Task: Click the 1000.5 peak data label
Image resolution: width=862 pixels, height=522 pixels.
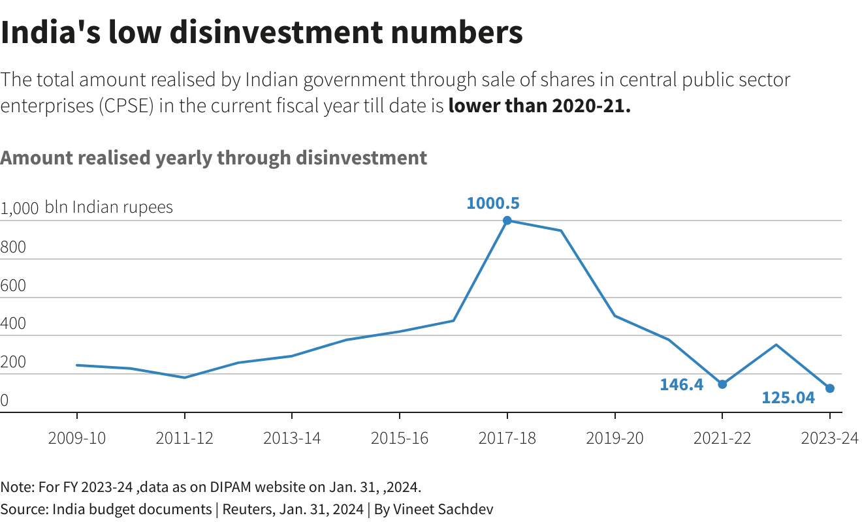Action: pos(493,203)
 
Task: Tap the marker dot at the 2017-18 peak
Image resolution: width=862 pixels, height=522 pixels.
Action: pos(507,221)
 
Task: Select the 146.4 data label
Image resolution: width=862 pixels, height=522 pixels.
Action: pos(681,384)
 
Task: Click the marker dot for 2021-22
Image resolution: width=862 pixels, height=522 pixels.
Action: pos(722,384)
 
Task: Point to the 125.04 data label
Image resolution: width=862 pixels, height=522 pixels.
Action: pos(788,397)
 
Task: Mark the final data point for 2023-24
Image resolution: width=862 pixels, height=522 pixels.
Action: pos(830,388)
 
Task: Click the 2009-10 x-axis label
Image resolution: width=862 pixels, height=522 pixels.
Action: pos(77,438)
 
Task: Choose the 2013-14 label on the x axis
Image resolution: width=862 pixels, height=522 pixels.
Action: pos(292,438)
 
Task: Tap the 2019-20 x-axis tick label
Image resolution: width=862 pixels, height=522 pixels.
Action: pos(615,438)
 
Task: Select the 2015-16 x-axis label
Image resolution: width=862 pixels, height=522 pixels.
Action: pos(400,438)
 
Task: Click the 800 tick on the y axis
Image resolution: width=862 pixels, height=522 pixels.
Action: pos(13,247)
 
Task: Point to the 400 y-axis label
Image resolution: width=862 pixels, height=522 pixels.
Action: pos(13,324)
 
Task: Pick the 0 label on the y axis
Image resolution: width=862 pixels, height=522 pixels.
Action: pos(5,400)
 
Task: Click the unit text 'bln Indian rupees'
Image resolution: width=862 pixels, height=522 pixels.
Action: pos(109,207)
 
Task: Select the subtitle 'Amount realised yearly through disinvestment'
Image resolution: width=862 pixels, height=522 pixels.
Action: pos(214,158)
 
